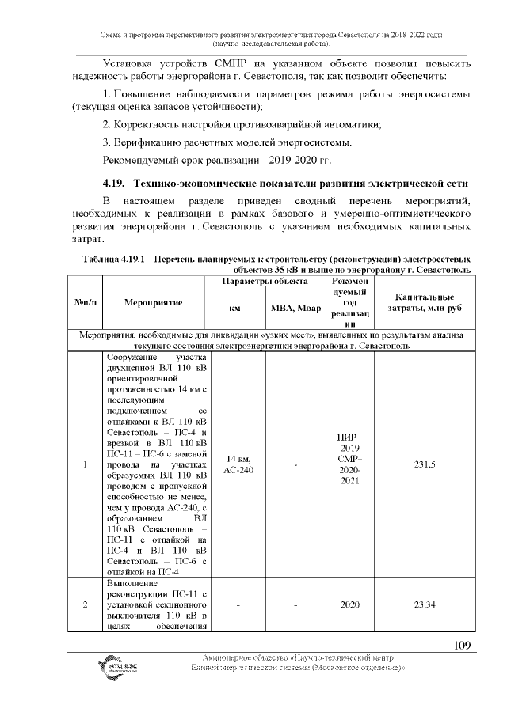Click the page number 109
[x=462, y=645]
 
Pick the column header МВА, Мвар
[x=295, y=308]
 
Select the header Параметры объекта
[x=265, y=282]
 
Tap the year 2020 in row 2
[x=349, y=605]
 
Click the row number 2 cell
[x=84, y=605]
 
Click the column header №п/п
[x=84, y=302]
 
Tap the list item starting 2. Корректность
[x=242, y=124]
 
